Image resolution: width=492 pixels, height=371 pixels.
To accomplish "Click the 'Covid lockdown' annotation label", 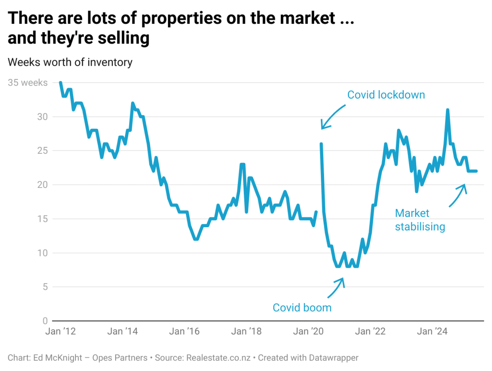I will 386,95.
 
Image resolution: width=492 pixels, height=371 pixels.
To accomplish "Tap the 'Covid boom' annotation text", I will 302,308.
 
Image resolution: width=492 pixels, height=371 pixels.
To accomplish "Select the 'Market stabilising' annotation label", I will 420,220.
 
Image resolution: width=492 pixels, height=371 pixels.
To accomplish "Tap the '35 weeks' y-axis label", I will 28,83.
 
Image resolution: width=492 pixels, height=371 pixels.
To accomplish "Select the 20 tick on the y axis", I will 42,185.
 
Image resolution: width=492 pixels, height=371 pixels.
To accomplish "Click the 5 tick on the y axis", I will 45,287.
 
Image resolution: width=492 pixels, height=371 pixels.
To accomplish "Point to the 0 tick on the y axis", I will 45,321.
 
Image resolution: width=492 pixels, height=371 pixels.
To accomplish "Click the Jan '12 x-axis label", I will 60,332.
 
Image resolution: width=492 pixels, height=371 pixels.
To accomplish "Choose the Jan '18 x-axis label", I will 246,332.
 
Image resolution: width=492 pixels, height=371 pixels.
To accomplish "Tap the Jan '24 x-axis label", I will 432,332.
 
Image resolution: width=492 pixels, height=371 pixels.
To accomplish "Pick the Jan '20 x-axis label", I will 308,332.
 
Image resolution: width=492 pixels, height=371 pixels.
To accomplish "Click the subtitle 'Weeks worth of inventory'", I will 70,62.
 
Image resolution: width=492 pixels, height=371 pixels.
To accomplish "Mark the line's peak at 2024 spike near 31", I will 447,110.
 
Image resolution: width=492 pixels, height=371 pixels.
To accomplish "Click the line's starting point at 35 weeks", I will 60,83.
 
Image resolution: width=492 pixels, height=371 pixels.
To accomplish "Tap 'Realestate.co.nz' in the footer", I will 218,358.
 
